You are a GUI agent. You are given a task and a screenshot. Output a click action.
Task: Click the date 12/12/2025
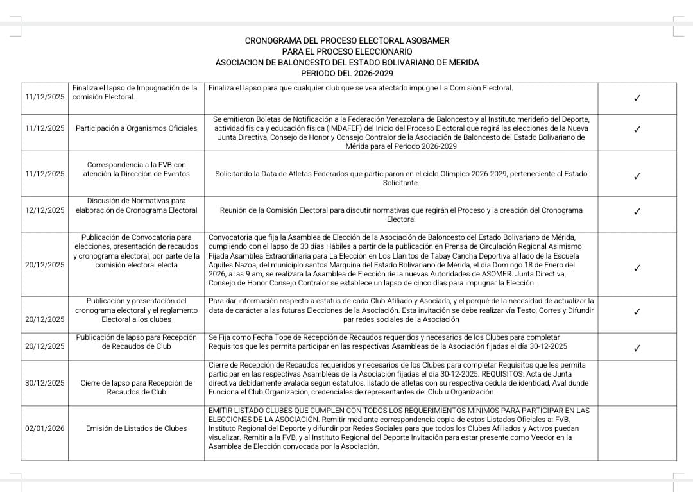[45, 210]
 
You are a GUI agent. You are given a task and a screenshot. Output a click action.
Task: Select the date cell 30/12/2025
[45, 383]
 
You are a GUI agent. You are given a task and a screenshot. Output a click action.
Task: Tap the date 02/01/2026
[45, 428]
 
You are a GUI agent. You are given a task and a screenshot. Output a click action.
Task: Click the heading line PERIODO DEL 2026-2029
[347, 74]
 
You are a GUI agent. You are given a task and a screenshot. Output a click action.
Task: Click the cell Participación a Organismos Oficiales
[137, 128]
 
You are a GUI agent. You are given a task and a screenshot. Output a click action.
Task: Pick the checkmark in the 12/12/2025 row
[637, 211]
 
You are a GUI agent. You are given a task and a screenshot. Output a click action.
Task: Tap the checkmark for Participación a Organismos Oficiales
[637, 129]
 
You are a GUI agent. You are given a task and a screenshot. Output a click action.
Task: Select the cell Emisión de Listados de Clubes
[137, 428]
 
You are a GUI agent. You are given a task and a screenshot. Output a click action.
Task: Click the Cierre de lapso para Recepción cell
[137, 387]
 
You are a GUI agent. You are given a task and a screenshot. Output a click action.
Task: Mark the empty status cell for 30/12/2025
[637, 383]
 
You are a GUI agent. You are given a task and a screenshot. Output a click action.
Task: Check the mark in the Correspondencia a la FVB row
[637, 176]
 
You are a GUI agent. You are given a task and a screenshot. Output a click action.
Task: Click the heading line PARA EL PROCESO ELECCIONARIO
[347, 51]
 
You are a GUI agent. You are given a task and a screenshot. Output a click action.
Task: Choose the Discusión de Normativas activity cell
[137, 206]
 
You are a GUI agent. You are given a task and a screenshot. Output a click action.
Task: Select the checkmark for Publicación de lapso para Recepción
[637, 348]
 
